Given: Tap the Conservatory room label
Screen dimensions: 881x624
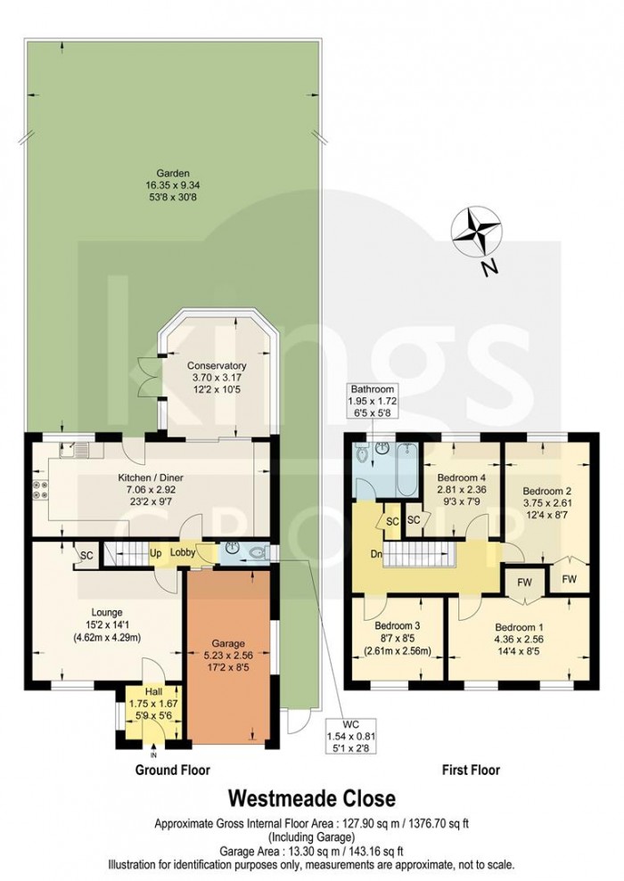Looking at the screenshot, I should pos(217,366).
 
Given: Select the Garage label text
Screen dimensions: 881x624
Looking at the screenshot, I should pos(227,643).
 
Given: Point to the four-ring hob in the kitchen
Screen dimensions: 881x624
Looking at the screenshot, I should pos(42,490).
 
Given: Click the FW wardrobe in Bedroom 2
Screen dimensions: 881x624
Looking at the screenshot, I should pos(568,581).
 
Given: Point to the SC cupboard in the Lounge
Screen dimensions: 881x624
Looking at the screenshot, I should pos(86,555).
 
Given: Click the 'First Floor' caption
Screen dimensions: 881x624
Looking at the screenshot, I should pos(470,770).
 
